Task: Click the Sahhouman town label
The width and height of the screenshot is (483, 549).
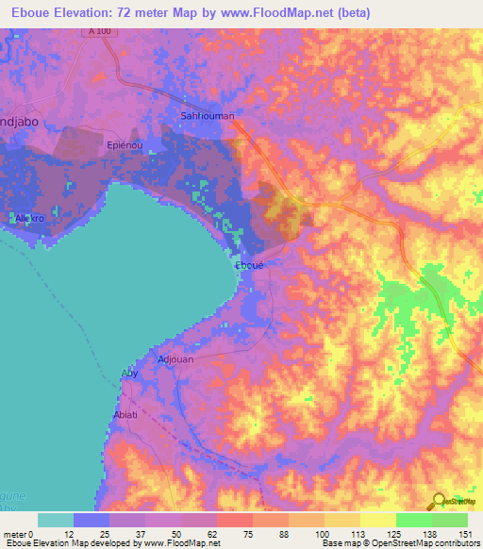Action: coord(207,116)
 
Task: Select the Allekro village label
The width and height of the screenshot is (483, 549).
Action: coord(30,218)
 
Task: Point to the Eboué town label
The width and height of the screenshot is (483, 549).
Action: coord(249,266)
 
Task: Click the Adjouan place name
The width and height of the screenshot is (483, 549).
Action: coord(176,359)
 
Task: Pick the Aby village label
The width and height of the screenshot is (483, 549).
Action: coord(130,374)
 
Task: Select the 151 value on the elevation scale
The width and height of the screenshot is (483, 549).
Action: coord(467,533)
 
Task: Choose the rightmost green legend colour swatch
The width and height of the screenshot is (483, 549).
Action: coord(449,520)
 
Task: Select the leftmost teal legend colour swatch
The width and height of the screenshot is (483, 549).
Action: coord(56,520)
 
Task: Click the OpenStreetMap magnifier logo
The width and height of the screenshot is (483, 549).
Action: coord(436,502)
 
